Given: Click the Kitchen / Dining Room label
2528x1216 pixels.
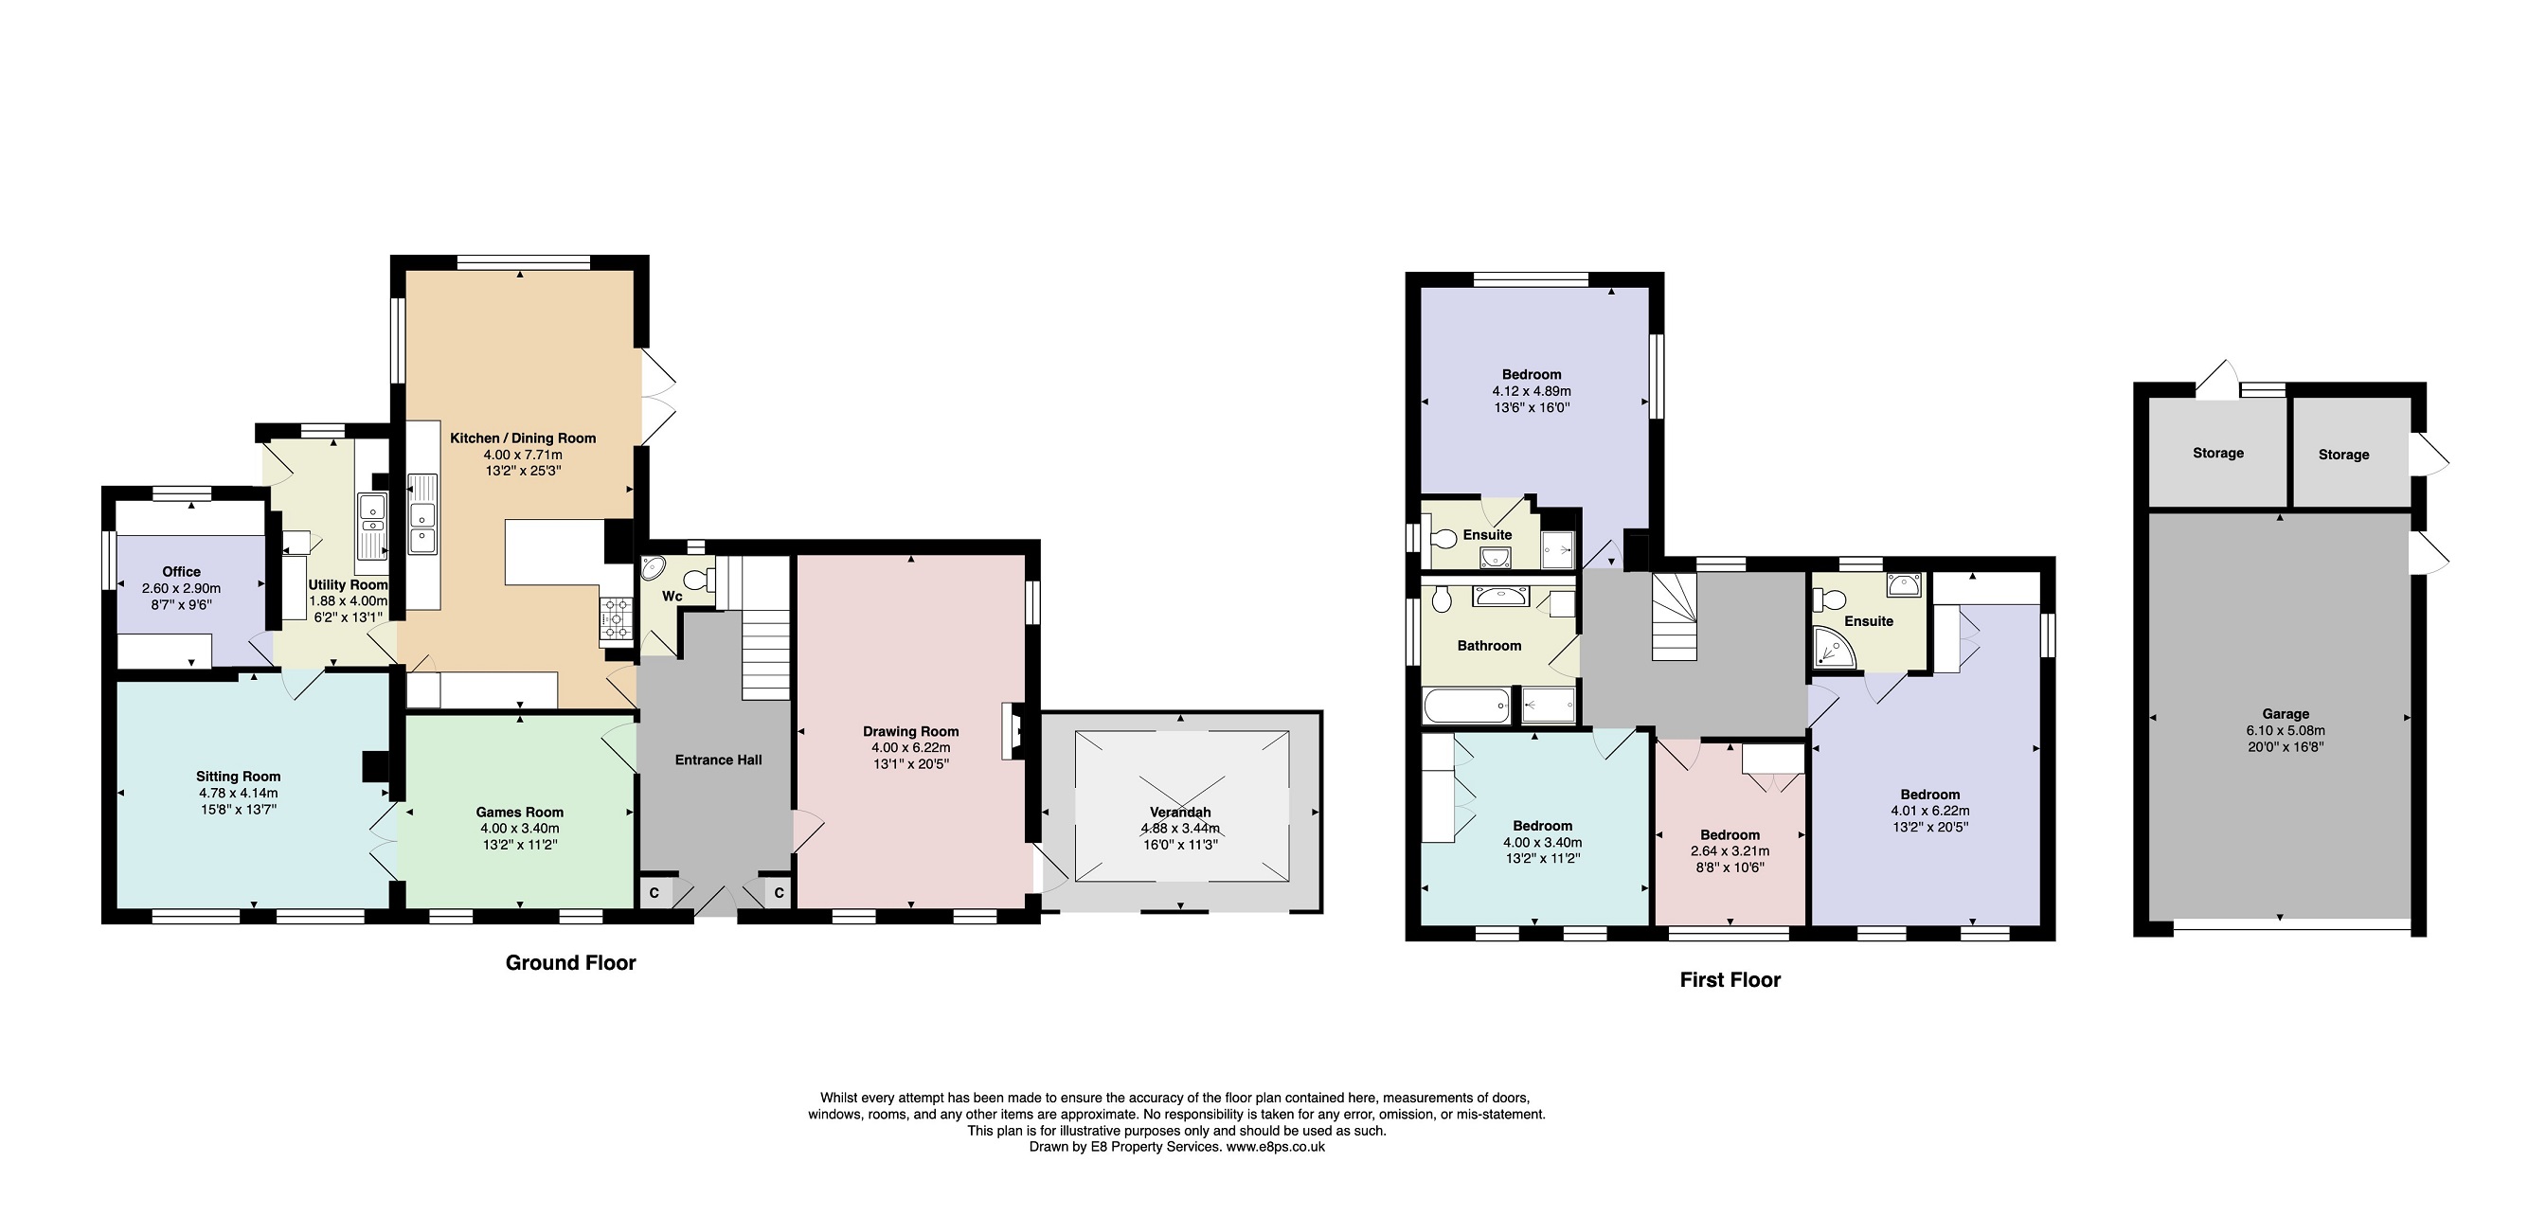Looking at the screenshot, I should (x=522, y=438).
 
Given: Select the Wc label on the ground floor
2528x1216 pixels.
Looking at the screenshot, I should (x=672, y=597).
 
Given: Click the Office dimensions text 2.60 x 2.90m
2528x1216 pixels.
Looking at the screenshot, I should (x=182, y=589).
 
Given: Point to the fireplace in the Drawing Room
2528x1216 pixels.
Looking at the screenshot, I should (x=1012, y=731).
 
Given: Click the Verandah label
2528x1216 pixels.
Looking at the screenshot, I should (x=1179, y=812).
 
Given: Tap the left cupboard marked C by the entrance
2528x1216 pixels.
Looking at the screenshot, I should (x=654, y=893).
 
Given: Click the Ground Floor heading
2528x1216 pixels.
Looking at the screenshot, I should (x=570, y=963).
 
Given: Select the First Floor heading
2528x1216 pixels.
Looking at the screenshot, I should (x=1730, y=979).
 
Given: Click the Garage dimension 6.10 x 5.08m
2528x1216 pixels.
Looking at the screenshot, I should (x=2285, y=730).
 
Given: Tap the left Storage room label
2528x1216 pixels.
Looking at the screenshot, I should (x=2218, y=453).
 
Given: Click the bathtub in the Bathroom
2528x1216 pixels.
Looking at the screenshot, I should (x=1466, y=706).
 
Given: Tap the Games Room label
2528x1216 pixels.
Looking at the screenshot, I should (x=519, y=812).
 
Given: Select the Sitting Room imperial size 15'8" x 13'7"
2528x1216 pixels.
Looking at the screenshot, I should (x=238, y=810).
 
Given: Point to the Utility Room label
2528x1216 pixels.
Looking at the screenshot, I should (x=349, y=585).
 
